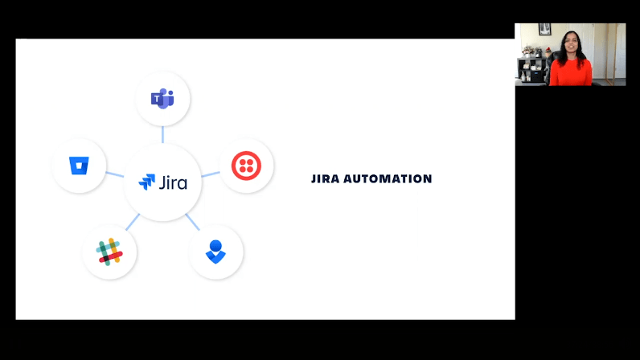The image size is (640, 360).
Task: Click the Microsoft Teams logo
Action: pyautogui.click(x=162, y=98)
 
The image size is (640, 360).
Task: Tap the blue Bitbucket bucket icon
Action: pyautogui.click(x=79, y=166)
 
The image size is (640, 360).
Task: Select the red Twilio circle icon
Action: pyautogui.click(x=246, y=166)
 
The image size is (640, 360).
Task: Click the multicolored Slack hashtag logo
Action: pyautogui.click(x=109, y=252)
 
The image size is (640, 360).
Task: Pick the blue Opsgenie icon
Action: pyautogui.click(x=215, y=252)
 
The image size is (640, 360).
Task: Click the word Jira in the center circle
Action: pyautogui.click(x=173, y=182)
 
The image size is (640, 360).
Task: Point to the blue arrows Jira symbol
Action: pyautogui.click(x=146, y=182)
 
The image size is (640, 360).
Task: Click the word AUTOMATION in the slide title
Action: pyautogui.click(x=388, y=178)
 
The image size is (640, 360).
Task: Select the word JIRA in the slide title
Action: pyautogui.click(x=326, y=178)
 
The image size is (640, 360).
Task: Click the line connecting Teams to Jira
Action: pyautogui.click(x=162, y=134)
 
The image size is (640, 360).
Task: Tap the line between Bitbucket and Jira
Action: pyautogui.click(x=115, y=174)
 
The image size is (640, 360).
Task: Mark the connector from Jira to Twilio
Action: pyautogui.click(x=211, y=174)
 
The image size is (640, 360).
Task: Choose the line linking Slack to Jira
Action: pyautogui.click(x=133, y=222)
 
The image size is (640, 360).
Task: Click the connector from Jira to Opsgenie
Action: pyautogui.click(x=193, y=222)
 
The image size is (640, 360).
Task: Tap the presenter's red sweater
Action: pyautogui.click(x=571, y=72)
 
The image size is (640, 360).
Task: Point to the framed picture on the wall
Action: pyautogui.click(x=544, y=30)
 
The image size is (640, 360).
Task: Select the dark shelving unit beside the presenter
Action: pyautogui.click(x=532, y=70)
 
